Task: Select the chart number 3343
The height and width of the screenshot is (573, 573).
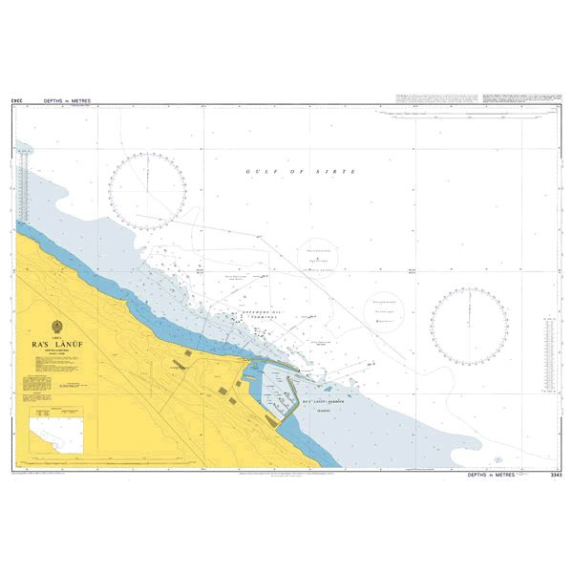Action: (x=556, y=475)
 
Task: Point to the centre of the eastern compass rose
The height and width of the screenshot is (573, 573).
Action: (x=469, y=328)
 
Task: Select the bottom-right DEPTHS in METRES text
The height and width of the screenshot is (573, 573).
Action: (x=492, y=475)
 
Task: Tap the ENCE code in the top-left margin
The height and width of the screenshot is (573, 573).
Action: (x=18, y=98)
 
